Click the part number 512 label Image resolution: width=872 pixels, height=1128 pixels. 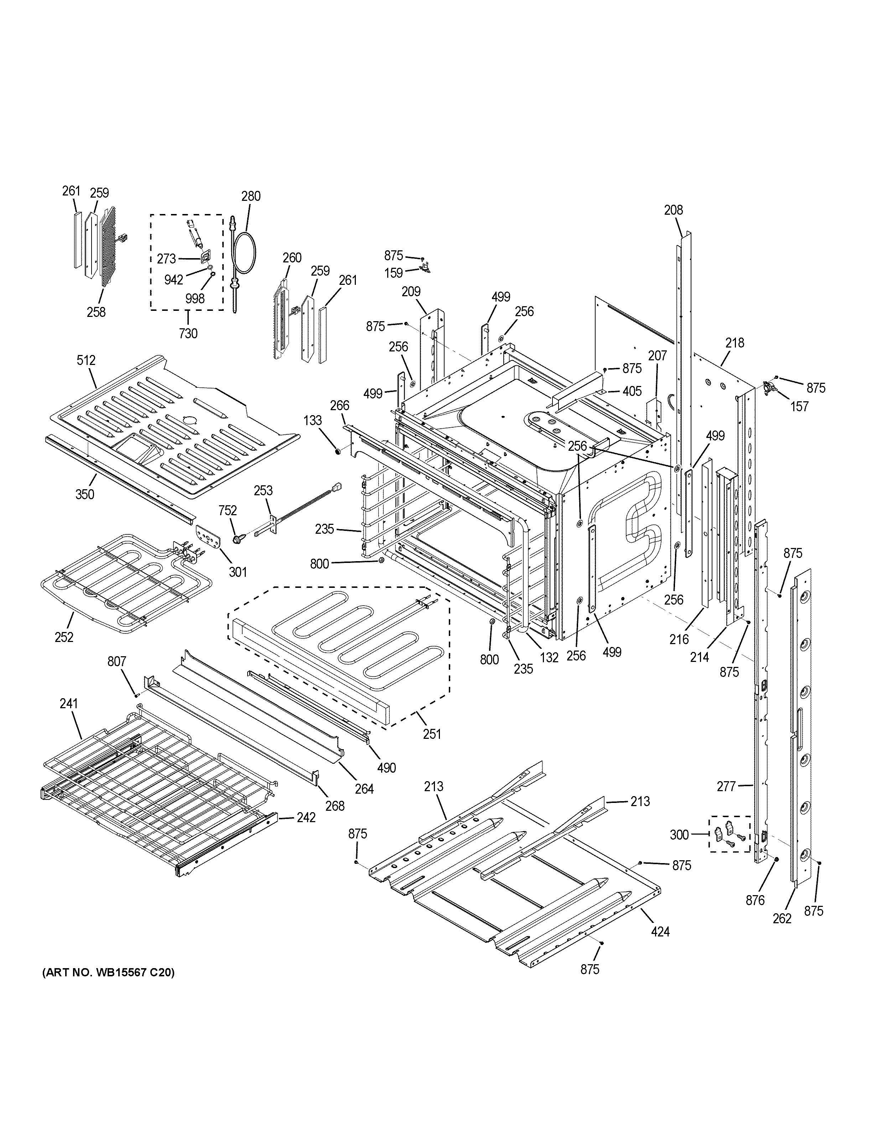[86, 360]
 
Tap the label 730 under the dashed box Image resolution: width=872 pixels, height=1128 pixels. [188, 334]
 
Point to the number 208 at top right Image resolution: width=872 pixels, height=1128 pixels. [673, 210]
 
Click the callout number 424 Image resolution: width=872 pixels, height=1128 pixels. [660, 932]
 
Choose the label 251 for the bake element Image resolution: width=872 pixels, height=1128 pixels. [432, 733]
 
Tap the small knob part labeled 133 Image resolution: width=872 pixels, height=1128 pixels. [338, 452]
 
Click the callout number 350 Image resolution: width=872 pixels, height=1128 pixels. [85, 494]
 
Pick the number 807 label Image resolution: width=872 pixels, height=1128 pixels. [117, 661]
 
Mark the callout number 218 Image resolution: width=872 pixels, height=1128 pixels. [734, 343]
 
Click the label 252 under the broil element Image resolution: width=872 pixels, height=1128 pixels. [64, 637]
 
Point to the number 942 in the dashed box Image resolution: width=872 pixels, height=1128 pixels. [173, 280]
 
